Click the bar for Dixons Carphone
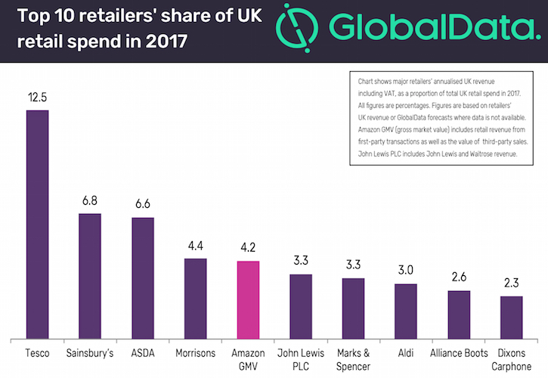point(512,318)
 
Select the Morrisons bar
point(196,299)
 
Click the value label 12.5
point(38,97)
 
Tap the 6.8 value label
point(90,200)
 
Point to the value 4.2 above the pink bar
point(249,247)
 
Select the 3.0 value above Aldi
point(406,271)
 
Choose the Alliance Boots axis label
point(459,352)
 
